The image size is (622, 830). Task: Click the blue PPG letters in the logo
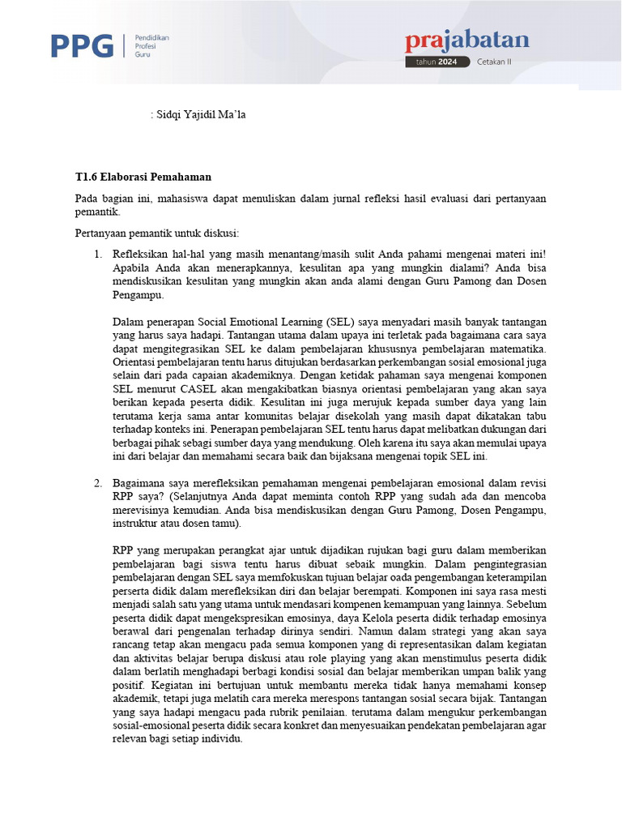(82, 46)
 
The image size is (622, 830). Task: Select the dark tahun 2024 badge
(437, 62)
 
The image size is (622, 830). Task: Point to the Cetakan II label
(494, 62)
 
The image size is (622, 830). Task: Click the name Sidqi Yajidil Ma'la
(200, 115)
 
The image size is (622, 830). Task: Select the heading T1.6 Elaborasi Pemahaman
(144, 176)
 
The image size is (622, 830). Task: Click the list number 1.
(97, 255)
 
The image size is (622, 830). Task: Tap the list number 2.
(97, 483)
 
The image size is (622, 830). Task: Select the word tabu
(536, 415)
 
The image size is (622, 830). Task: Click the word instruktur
(136, 523)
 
